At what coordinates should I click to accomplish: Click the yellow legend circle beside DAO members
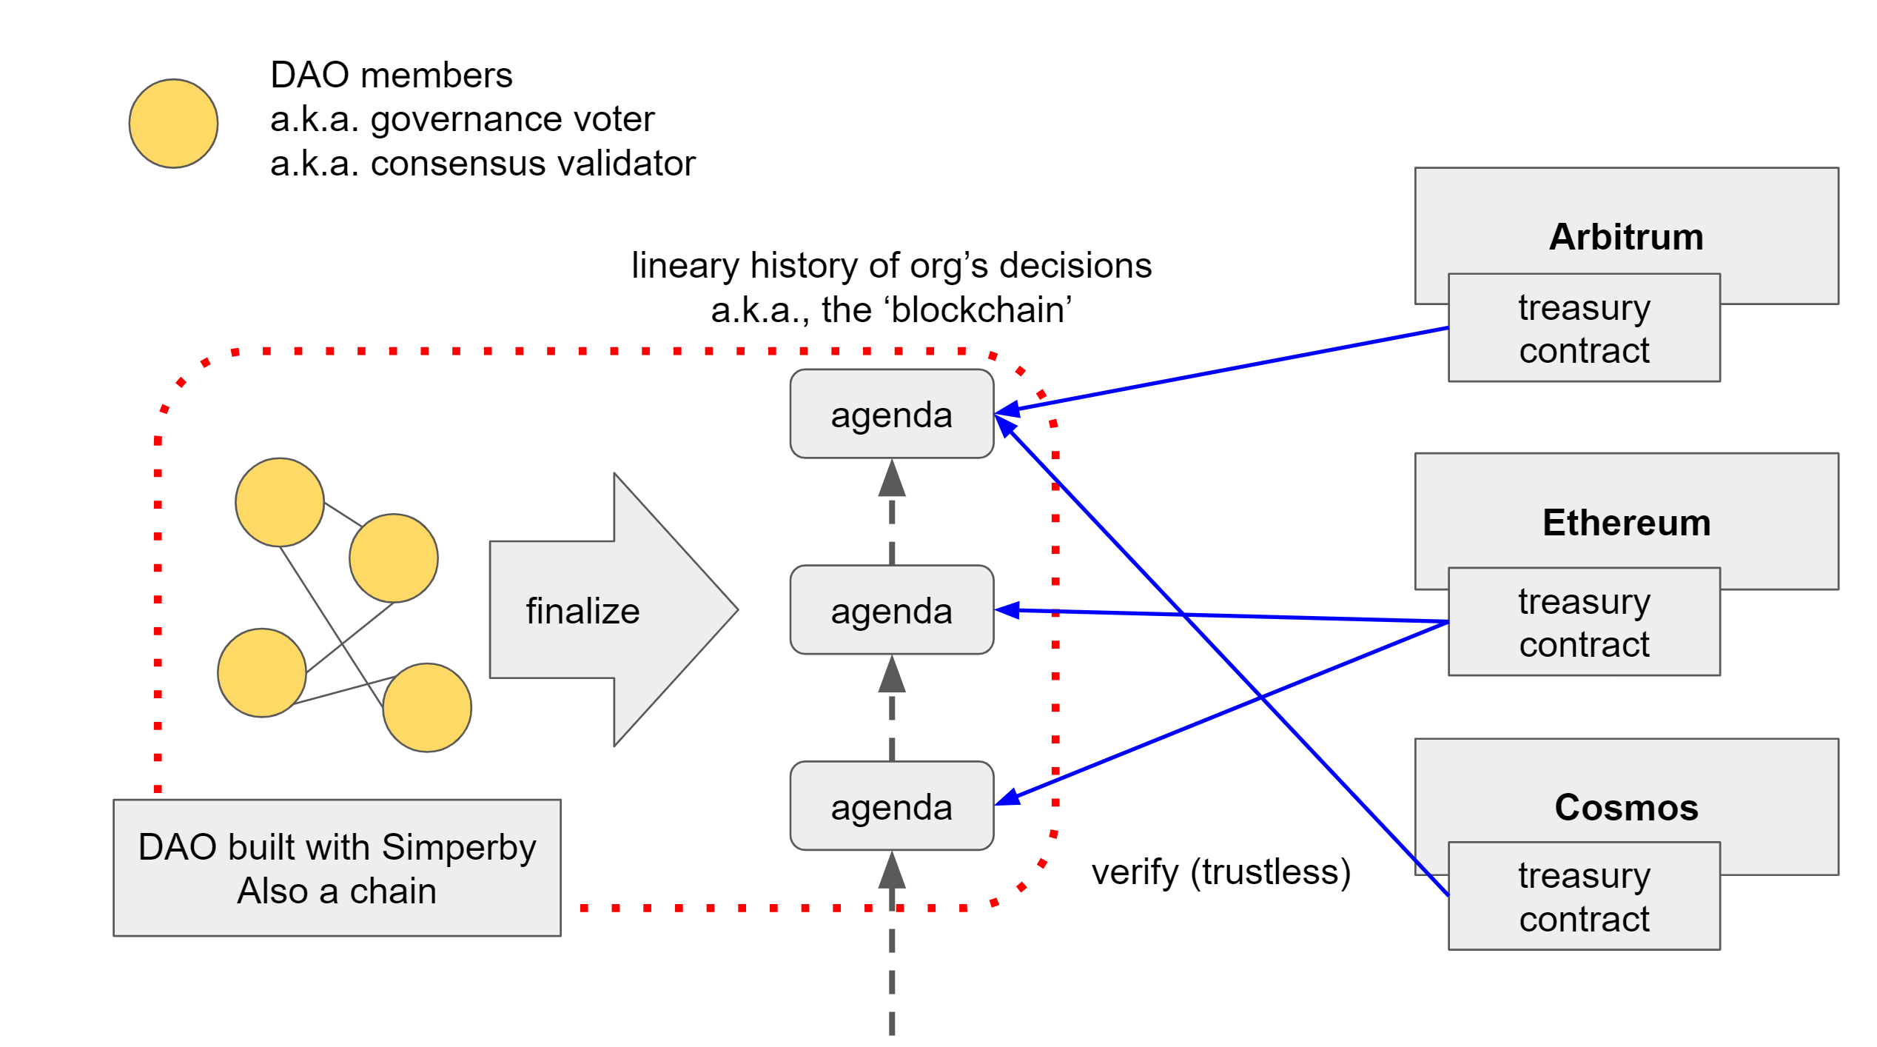(x=173, y=124)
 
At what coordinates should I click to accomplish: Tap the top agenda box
(x=891, y=414)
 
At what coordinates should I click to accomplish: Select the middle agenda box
(x=891, y=610)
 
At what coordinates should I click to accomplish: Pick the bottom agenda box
(x=891, y=806)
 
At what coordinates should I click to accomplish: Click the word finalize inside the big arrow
(x=582, y=612)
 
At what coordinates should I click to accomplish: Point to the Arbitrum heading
(x=1625, y=237)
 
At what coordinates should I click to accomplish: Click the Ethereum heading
(x=1625, y=523)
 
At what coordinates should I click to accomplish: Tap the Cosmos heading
(x=1625, y=807)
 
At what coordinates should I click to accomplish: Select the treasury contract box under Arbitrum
(x=1583, y=328)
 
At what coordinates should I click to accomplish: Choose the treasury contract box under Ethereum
(x=1583, y=622)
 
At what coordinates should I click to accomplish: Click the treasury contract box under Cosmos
(x=1583, y=897)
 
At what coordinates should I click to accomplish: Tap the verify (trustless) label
(x=1220, y=872)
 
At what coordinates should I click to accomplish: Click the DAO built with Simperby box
(x=337, y=868)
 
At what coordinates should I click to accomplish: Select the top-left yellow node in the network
(x=280, y=502)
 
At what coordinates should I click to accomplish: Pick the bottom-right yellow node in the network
(x=427, y=707)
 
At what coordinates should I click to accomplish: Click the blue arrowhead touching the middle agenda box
(x=1008, y=611)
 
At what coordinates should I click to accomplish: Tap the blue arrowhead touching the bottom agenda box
(x=1008, y=798)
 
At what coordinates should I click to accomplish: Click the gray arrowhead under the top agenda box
(x=892, y=480)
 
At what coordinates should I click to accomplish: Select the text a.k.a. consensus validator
(x=483, y=164)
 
